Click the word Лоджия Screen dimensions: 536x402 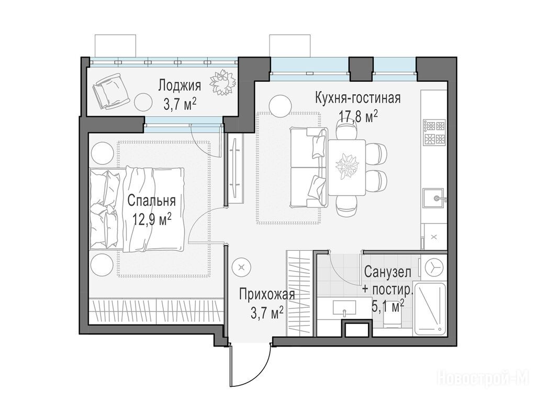180,86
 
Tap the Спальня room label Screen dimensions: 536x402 151,201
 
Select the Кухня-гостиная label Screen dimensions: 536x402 358,98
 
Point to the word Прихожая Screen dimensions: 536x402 267,294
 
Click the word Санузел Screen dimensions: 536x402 388,272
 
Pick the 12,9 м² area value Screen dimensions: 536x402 152,219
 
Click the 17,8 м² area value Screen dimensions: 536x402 358,116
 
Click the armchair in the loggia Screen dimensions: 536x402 111,91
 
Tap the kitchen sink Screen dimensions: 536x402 434,198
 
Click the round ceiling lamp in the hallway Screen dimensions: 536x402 241,267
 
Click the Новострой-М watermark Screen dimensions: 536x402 483,379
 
